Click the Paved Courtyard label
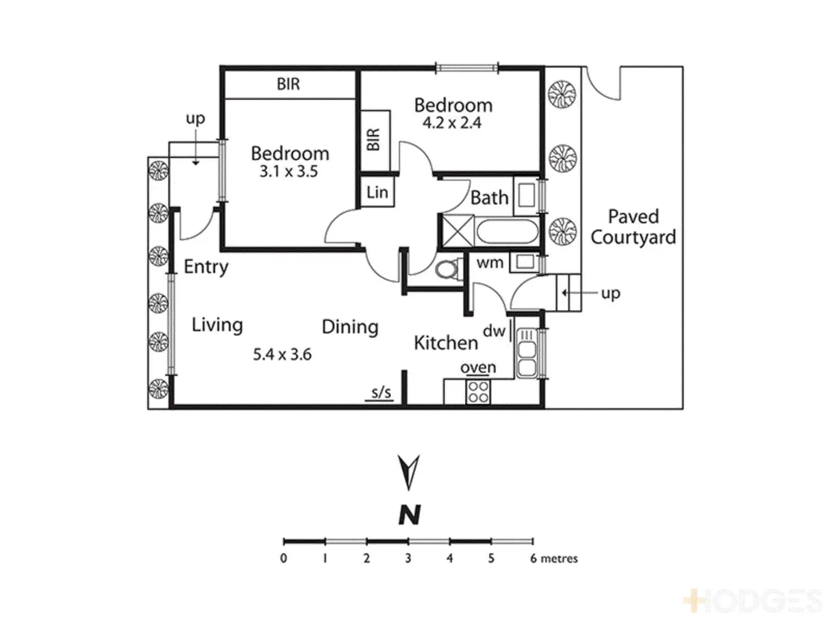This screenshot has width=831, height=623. click(x=633, y=227)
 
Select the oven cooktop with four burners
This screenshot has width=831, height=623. click(x=478, y=392)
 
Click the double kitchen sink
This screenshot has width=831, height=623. click(x=526, y=353)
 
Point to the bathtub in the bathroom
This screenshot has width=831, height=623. click(x=506, y=232)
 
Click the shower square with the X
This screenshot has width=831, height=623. click(x=457, y=231)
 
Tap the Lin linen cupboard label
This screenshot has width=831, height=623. click(x=377, y=192)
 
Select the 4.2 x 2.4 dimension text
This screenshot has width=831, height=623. click(x=452, y=123)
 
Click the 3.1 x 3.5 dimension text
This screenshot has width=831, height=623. click(x=289, y=172)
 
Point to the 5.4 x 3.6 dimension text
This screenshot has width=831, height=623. click(x=282, y=354)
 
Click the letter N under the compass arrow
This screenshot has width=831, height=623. click(x=409, y=514)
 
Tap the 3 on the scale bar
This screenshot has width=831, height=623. click(x=408, y=559)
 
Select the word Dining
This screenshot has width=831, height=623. click(x=350, y=327)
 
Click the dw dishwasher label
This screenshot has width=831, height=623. click(x=494, y=331)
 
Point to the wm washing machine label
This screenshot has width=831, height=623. click(x=489, y=262)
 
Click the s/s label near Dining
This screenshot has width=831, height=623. click(x=381, y=393)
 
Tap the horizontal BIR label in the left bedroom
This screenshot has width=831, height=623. click(x=288, y=85)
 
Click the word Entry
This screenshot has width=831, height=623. click(x=206, y=267)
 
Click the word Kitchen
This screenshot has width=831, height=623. click(x=446, y=343)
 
